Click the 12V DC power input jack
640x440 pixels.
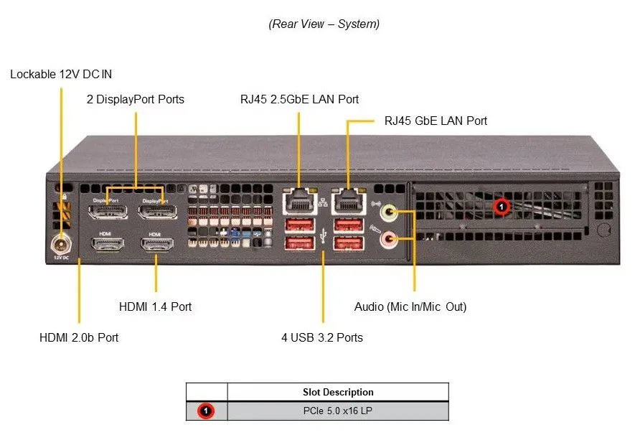pos(61,245)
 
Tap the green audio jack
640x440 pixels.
pos(388,212)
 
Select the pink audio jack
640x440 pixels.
pos(388,239)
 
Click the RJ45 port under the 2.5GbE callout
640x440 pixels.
pos(300,201)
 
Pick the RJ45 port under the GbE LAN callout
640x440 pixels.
pos(349,201)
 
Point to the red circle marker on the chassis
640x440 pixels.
pos(502,207)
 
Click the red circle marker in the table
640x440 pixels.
pos(206,411)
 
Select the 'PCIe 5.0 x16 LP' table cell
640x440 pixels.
pos(338,411)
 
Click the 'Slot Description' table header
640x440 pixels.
pos(338,392)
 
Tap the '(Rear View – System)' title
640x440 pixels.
pos(324,24)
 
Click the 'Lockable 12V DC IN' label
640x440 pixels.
pos(61,74)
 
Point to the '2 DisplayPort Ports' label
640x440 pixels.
pos(136,99)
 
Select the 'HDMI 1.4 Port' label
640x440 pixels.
pos(155,306)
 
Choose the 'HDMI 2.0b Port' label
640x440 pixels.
pos(79,337)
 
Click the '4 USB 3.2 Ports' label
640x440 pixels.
pos(322,337)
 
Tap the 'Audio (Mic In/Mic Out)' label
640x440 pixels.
pos(410,306)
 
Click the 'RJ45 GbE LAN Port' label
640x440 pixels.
pos(436,121)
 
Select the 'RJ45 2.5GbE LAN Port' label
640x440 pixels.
pos(300,99)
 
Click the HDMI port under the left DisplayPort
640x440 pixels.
pos(108,245)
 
